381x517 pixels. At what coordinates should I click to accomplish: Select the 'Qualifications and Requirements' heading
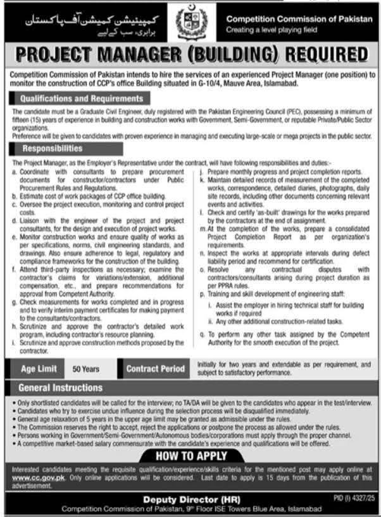click(x=82, y=99)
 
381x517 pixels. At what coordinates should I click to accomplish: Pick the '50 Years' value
click(x=85, y=369)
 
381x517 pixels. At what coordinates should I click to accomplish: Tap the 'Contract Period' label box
click(x=156, y=369)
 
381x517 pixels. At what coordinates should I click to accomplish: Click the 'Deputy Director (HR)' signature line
click(x=190, y=499)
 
